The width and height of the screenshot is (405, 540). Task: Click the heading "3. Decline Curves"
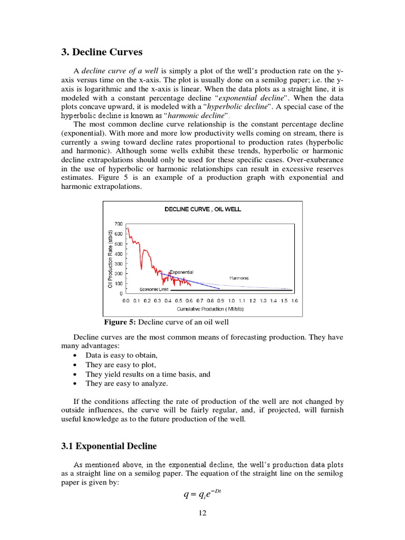(102, 52)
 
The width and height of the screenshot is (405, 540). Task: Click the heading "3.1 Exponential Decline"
(109, 446)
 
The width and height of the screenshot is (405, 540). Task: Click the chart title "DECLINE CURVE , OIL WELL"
(202, 209)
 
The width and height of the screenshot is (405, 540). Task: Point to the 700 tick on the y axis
(118, 224)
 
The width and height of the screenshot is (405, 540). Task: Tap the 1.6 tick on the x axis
(294, 301)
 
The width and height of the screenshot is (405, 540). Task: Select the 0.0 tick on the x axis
(126, 301)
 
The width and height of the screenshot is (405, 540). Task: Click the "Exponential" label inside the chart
(182, 272)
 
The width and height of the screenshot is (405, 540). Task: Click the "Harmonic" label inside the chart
(239, 277)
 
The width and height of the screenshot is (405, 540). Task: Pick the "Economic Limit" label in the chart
(153, 290)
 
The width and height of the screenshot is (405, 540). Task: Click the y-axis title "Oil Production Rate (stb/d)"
(110, 259)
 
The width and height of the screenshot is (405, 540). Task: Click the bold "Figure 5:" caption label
(120, 322)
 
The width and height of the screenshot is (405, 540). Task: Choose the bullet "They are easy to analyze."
(127, 383)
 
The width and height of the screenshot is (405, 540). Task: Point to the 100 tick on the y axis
(118, 284)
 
